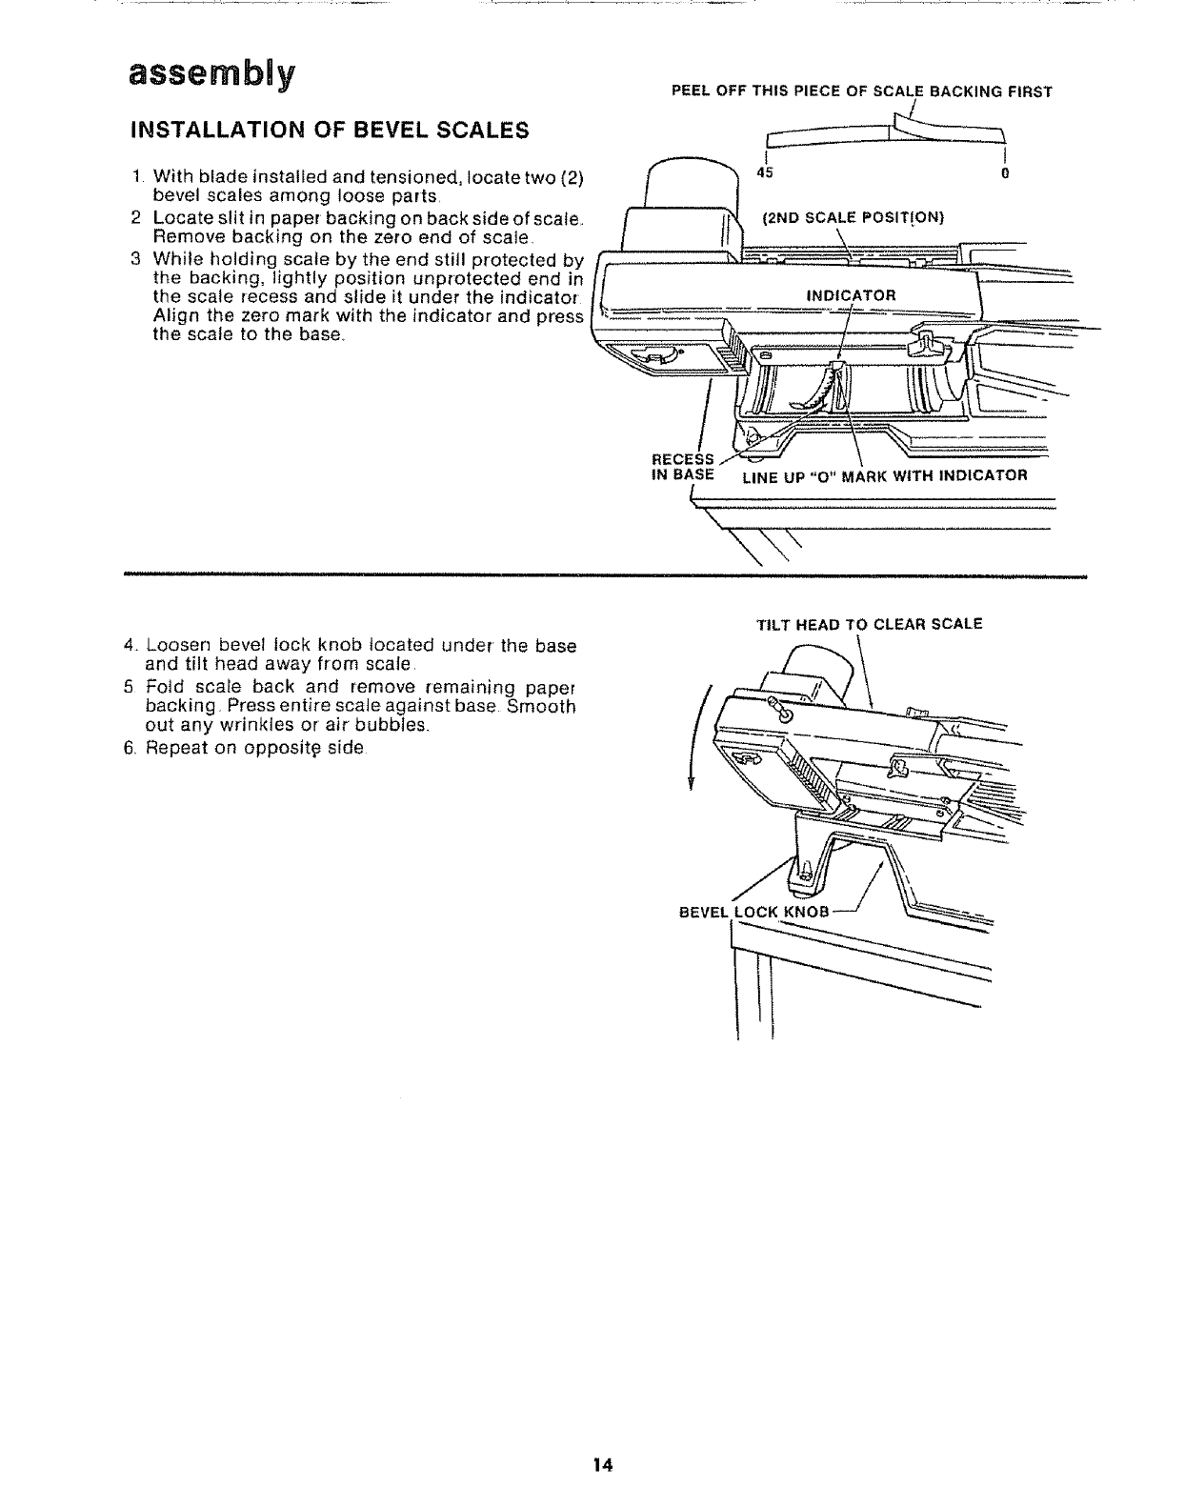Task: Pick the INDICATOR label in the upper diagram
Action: coord(851,294)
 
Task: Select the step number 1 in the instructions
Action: coord(137,176)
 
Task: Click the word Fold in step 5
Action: coord(164,687)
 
